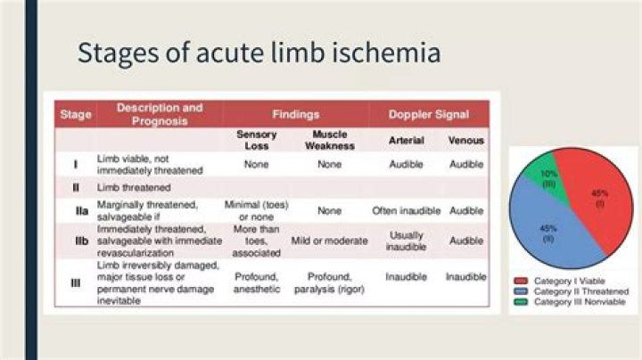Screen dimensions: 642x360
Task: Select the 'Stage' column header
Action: (75, 114)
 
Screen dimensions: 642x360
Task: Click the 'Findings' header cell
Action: (295, 114)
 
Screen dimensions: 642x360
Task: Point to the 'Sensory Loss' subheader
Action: (256, 140)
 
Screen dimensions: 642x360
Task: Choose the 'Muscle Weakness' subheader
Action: (329, 140)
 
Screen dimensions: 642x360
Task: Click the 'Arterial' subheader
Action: (406, 140)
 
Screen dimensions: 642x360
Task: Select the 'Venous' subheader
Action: (465, 140)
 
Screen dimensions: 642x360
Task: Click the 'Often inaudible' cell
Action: (406, 211)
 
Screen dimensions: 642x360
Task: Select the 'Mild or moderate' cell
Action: (329, 241)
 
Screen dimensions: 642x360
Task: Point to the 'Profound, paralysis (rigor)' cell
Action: (329, 282)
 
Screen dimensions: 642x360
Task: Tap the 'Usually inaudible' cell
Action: (406, 241)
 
